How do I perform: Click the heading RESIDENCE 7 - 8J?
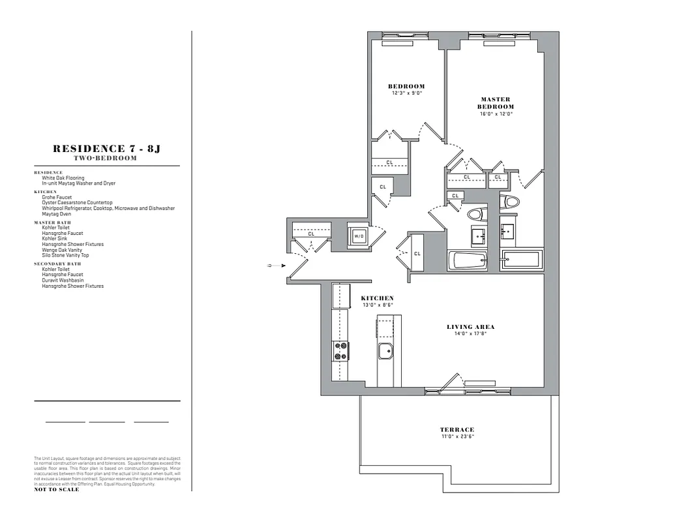[x=106, y=149]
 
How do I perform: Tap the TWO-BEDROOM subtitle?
[x=106, y=159]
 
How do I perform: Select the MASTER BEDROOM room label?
[x=496, y=103]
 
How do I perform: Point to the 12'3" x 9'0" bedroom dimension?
[x=407, y=93]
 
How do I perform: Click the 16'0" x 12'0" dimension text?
[x=496, y=114]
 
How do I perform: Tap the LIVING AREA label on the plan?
[x=470, y=327]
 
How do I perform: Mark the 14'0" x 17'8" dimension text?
[x=470, y=334]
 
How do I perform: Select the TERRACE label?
[x=457, y=429]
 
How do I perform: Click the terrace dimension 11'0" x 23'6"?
[x=457, y=437]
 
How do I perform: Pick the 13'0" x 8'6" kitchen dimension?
[x=378, y=305]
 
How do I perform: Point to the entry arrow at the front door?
[x=277, y=266]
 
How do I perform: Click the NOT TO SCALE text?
[x=56, y=489]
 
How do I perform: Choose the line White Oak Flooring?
[x=63, y=178]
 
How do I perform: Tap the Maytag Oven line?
[x=57, y=213]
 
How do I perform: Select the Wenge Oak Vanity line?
[x=63, y=250]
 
